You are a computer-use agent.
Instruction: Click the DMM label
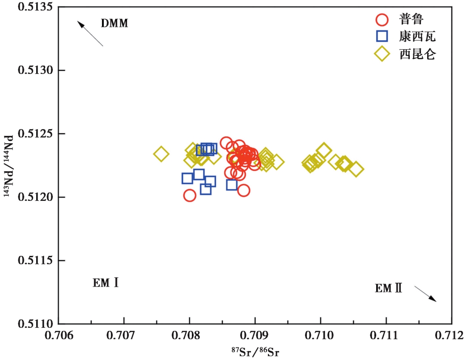(x=115, y=23)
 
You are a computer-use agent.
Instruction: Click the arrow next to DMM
(x=90, y=34)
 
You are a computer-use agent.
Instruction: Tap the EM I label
(x=106, y=283)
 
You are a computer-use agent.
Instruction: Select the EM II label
(x=389, y=288)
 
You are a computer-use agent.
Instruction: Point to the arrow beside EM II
(x=425, y=294)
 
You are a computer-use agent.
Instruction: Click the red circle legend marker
(x=382, y=20)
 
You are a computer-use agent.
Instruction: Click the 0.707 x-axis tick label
(x=124, y=335)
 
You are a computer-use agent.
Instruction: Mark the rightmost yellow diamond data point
(x=356, y=169)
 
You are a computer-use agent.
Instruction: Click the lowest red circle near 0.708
(x=190, y=195)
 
